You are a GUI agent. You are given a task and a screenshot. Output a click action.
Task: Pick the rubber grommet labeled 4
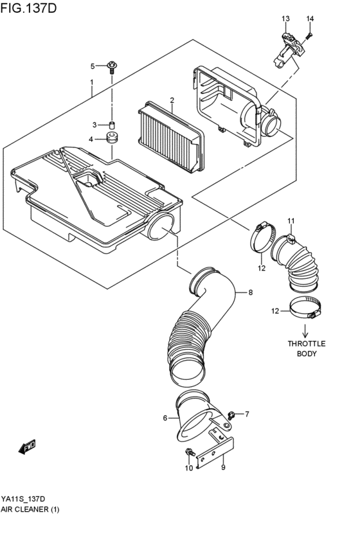[x=111, y=139]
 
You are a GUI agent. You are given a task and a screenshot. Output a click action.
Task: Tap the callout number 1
[x=92, y=82]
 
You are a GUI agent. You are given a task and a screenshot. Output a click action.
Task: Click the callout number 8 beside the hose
[x=250, y=292]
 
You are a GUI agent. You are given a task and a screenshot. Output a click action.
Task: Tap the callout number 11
[x=291, y=221]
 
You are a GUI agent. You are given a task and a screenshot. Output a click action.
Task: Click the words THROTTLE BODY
[x=306, y=348]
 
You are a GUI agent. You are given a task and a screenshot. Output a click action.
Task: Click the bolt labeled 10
[x=188, y=454]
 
